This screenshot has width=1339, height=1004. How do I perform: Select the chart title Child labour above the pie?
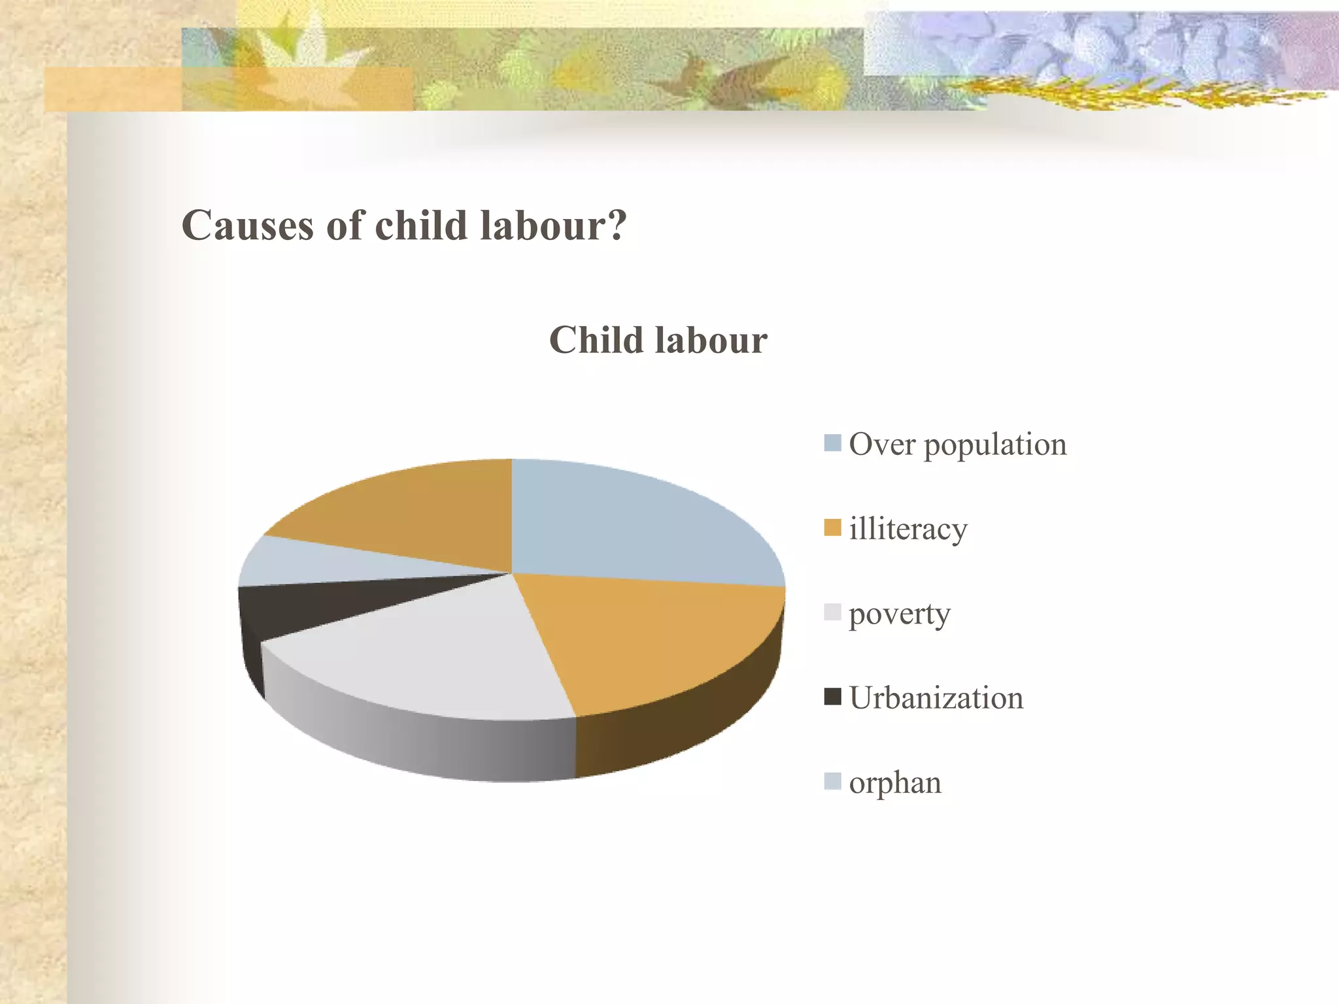click(658, 341)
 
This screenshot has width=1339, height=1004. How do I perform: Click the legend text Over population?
click(957, 445)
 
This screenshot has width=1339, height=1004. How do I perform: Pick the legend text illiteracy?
click(907, 529)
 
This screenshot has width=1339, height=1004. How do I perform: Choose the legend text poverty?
click(899, 614)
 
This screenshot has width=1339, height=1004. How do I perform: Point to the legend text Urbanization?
click(936, 698)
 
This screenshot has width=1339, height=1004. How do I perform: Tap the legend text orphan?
click(894, 783)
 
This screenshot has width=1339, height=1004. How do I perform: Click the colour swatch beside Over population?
click(832, 443)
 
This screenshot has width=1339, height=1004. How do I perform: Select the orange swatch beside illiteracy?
click(832, 527)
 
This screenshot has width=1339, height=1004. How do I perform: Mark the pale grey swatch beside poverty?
click(832, 612)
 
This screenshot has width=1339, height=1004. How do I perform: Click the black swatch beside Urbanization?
click(832, 697)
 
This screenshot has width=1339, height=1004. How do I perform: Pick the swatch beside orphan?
click(832, 781)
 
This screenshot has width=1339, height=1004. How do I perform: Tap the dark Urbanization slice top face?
click(301, 605)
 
